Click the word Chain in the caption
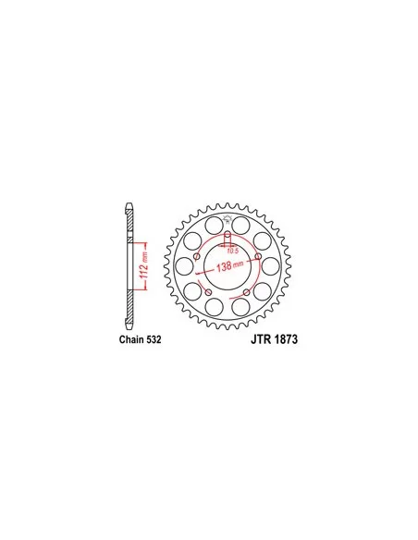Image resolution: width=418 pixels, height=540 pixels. point(132,339)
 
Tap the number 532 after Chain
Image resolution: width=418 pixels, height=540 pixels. point(154,339)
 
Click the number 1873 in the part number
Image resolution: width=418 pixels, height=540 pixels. point(287,339)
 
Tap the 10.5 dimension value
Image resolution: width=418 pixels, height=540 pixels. point(233,251)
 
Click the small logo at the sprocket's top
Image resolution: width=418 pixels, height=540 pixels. point(227,219)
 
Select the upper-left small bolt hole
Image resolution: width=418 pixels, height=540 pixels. point(197,256)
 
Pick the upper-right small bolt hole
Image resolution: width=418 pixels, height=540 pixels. point(258,256)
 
